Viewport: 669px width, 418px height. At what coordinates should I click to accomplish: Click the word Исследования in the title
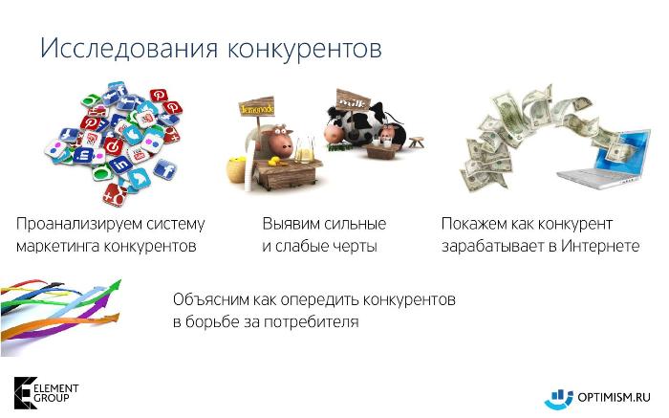[129, 48]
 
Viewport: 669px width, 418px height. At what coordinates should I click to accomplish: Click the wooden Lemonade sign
[256, 107]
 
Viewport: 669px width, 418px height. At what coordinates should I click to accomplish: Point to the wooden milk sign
[353, 100]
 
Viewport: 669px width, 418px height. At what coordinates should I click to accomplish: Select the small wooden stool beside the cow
[416, 142]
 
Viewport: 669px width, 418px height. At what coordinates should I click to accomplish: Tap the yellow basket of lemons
[236, 170]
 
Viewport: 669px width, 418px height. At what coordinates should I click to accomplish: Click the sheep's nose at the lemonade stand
[287, 149]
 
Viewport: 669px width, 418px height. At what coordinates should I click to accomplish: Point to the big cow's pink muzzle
[333, 135]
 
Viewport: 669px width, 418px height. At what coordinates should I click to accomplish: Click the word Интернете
[600, 246]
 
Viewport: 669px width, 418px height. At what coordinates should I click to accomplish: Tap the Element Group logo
[46, 393]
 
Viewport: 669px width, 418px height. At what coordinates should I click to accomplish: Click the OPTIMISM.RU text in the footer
[614, 398]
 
